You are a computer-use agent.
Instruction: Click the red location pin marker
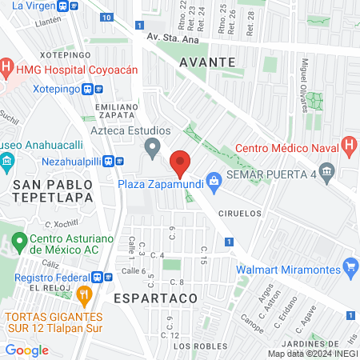pos(180,164)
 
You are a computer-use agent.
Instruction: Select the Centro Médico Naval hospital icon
pos(349,146)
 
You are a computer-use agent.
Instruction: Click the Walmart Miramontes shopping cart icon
pos(349,266)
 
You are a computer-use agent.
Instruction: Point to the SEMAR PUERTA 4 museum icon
pos(326,171)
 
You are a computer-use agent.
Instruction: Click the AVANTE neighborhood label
pos(207,62)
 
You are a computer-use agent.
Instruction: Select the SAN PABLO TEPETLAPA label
pos(53,191)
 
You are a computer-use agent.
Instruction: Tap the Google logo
pos(26,350)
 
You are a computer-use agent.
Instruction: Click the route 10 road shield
pos(107,17)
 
